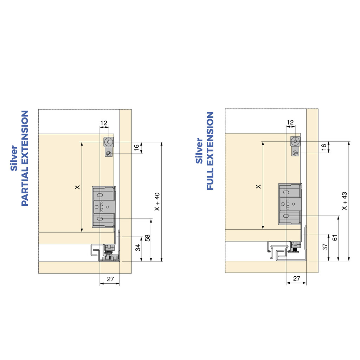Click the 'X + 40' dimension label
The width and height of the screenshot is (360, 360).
click(x=157, y=201)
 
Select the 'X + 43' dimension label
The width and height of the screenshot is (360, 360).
click(x=345, y=201)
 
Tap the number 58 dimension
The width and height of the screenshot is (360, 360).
click(x=148, y=238)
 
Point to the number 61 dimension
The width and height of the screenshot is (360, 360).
click(x=335, y=237)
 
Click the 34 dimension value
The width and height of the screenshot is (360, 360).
click(x=137, y=248)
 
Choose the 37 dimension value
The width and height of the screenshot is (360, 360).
click(x=325, y=247)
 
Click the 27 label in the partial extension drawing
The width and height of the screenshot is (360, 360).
click(x=110, y=279)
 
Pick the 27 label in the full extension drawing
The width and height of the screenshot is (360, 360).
click(x=297, y=278)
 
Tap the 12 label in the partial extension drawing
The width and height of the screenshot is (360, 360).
click(x=104, y=123)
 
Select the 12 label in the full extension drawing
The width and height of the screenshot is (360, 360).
click(x=290, y=122)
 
